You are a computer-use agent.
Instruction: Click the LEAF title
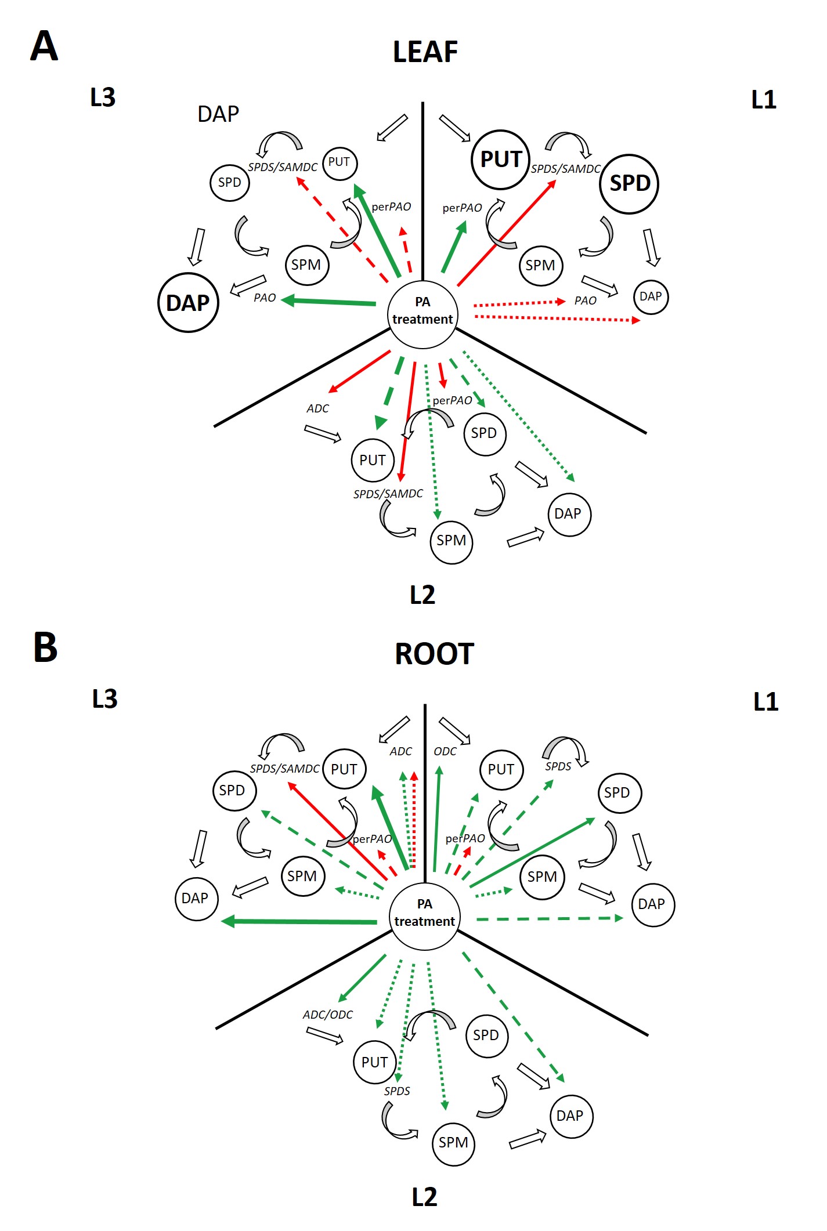pos(425,52)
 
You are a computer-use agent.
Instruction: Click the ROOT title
pos(434,654)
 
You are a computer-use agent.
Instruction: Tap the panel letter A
pos(44,46)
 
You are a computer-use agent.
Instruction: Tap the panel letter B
pos(45,647)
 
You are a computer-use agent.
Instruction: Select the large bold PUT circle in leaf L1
pos(500,160)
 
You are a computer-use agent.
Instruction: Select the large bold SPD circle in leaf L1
pos(629,184)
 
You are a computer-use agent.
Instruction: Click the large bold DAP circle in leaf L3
pos(188,303)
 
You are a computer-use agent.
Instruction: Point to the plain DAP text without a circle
pos(218,114)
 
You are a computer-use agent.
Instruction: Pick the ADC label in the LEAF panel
pos(317,408)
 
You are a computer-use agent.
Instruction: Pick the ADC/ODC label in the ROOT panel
pos(327,1015)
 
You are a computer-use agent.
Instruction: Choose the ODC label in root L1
pos(445,751)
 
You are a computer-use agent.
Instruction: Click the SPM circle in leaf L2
pos(451,541)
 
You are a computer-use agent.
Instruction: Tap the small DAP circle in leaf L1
pos(651,297)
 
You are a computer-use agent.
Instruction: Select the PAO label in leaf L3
pos(265,298)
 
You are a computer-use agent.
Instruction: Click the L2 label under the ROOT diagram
pos(424,1197)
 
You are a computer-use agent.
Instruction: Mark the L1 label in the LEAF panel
pos(764,100)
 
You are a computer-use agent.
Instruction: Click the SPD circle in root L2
pos(486,1036)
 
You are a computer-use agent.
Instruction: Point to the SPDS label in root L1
pos(558,766)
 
